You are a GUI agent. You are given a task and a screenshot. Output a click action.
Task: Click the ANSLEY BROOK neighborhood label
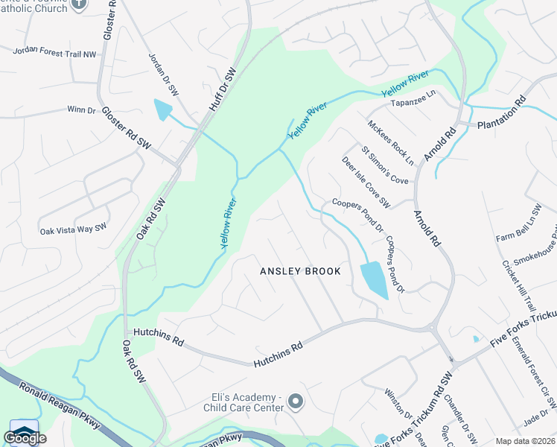[300, 271]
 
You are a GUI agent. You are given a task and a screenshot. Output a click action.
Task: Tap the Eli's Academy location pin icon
[296, 402]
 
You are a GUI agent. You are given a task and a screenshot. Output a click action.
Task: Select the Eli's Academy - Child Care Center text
[244, 402]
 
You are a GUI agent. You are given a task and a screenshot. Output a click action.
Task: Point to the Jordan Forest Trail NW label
[54, 52]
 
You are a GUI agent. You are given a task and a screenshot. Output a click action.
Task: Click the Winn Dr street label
[82, 110]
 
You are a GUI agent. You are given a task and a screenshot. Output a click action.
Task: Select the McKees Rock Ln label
[390, 141]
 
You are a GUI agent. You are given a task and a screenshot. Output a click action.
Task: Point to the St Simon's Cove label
[385, 165]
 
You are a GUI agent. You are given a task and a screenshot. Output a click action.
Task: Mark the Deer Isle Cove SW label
[366, 182]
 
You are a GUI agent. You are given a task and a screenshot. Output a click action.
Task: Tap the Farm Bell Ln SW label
[519, 223]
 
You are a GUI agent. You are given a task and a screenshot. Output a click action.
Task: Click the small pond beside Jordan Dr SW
[162, 110]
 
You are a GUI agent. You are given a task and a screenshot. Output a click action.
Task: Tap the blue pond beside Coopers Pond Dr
[373, 280]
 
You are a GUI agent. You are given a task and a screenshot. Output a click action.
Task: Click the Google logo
[25, 437]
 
